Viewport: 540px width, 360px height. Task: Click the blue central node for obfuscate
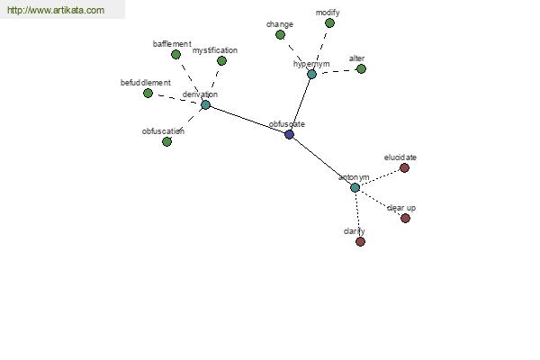289,134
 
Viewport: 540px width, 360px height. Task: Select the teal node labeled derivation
205,104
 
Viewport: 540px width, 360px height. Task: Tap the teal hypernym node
311,74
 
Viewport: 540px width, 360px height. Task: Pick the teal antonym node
355,187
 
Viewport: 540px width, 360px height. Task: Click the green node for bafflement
176,54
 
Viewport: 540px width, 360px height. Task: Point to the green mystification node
221,61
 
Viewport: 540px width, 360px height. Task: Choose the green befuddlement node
148,93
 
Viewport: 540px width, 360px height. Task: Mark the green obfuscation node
166,141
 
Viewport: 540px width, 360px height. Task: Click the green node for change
280,35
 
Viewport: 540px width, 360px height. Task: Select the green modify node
329,23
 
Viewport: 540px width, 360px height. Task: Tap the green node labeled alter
361,69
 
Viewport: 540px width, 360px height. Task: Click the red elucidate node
405,167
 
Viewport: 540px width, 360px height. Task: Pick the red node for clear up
405,218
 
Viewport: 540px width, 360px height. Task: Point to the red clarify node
360,241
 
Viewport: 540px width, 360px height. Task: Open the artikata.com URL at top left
56,10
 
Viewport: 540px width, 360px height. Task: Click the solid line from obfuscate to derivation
247,120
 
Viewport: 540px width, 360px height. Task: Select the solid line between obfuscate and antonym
322,161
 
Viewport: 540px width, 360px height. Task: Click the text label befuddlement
145,83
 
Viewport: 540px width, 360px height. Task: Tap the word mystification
215,50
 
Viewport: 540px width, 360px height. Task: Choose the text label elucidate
400,157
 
